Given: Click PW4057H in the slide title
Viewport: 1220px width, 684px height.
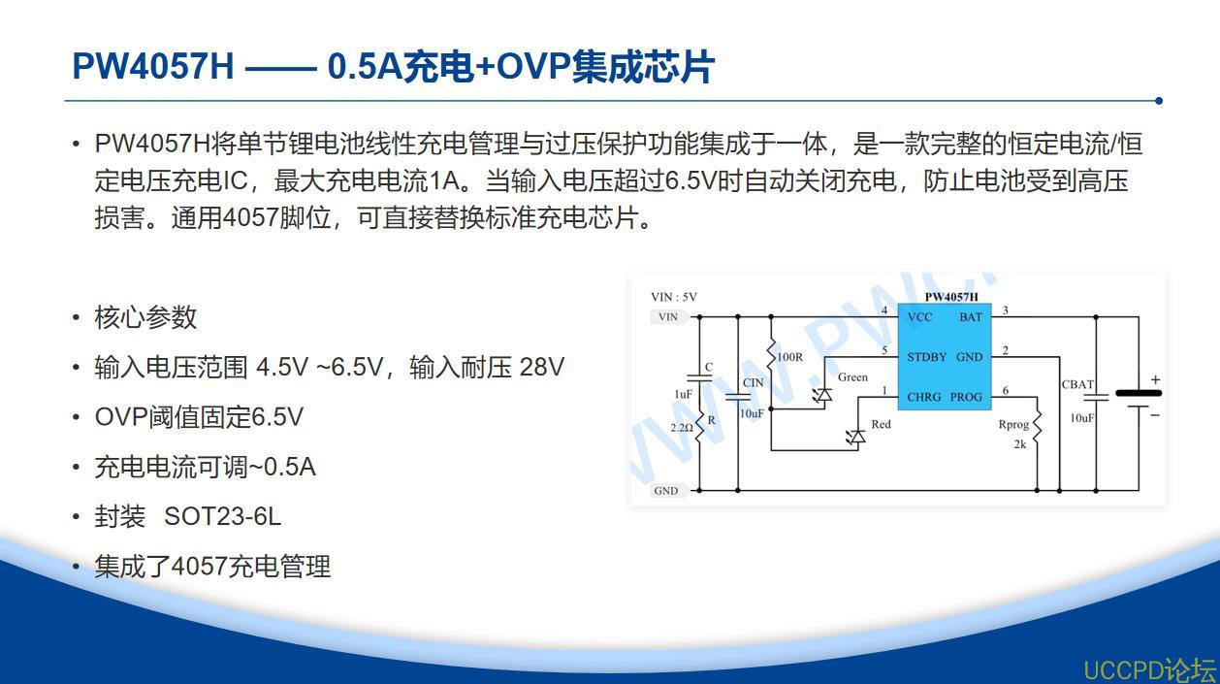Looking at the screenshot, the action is coord(153,67).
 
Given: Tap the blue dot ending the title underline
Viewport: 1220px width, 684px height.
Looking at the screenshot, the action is coord(1159,101).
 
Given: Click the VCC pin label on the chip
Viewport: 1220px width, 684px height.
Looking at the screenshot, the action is coord(920,317).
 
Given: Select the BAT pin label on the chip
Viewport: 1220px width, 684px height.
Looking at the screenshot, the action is coord(971,317).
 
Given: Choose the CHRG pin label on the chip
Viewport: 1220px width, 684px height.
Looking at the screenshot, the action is coord(923,398).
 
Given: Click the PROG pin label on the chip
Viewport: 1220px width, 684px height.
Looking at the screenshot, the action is coord(966,398).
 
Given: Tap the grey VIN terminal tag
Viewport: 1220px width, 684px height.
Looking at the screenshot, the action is coord(669,316).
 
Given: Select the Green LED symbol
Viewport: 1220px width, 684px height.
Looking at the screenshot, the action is coord(822,395).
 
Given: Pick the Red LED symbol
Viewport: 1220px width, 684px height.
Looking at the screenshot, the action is coord(856,438).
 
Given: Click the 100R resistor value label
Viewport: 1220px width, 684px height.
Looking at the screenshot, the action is coord(789,358).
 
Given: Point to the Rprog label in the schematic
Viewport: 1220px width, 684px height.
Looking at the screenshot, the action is coord(1013,425).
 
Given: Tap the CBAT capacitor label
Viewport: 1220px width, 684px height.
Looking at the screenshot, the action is coord(1077,385).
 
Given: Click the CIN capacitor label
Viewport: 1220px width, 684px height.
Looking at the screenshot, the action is coord(754,383).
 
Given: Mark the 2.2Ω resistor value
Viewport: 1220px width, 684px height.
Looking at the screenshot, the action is coord(682,428).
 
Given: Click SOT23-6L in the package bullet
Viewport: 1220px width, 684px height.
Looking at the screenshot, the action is coord(222,517).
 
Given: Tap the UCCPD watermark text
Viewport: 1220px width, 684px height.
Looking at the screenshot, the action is coord(1150,669).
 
